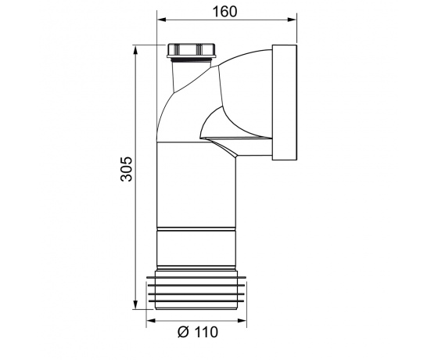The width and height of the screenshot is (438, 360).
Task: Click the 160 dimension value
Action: pos(224,12)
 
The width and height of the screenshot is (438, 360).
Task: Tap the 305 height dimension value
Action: pos(126,169)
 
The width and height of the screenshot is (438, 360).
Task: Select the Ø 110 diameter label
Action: pos(198,332)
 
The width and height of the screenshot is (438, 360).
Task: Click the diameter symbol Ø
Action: pos(184,332)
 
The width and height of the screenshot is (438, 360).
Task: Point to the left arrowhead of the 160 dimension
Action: pos(161,20)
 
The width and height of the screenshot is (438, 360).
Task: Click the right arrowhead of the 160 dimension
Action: pos(292,20)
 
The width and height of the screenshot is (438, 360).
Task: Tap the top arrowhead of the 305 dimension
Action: pos(135,51)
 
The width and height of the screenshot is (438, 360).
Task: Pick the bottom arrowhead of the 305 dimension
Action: pos(135,304)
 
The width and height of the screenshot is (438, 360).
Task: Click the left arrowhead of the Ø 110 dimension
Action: pos(151,320)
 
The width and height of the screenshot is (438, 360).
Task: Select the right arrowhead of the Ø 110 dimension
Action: pos(242,320)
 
